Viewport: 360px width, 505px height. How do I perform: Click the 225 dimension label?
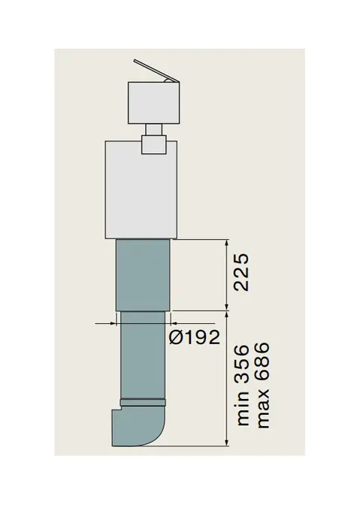coord(241,273)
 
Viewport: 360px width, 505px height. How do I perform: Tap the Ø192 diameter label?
coord(195,338)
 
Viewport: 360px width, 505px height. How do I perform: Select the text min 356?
coord(242,386)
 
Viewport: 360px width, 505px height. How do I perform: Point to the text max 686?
coord(262,386)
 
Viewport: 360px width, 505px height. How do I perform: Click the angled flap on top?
coord(156,71)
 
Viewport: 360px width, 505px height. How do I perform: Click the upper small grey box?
coord(153,103)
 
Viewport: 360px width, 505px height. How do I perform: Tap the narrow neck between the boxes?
coord(153,130)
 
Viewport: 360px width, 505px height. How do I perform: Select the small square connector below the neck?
coord(154,144)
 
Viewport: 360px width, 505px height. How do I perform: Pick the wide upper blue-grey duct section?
coord(143,275)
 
